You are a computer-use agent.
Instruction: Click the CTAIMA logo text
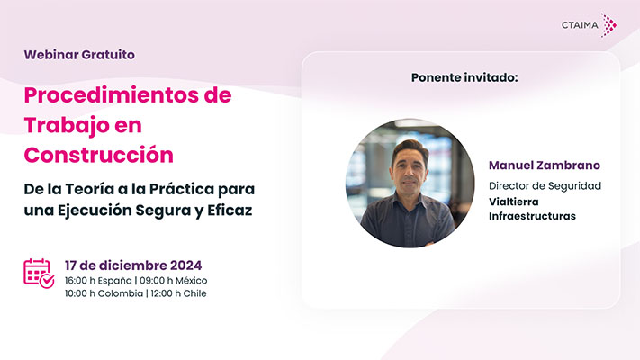tap(580, 25)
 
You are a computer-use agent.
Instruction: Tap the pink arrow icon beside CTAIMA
tap(608, 25)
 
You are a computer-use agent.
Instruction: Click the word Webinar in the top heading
tap(51, 55)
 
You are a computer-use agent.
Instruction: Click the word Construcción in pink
tap(99, 155)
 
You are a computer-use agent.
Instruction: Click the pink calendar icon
tap(39, 274)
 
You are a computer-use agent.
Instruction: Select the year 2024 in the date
tap(185, 265)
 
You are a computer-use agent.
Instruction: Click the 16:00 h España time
tap(98, 281)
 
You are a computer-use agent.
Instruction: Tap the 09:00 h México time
tap(174, 281)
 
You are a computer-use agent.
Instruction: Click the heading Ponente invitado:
tap(464, 77)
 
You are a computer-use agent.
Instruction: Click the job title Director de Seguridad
tap(545, 186)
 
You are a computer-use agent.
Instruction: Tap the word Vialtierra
tap(514, 202)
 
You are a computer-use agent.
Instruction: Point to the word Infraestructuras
tap(532, 216)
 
